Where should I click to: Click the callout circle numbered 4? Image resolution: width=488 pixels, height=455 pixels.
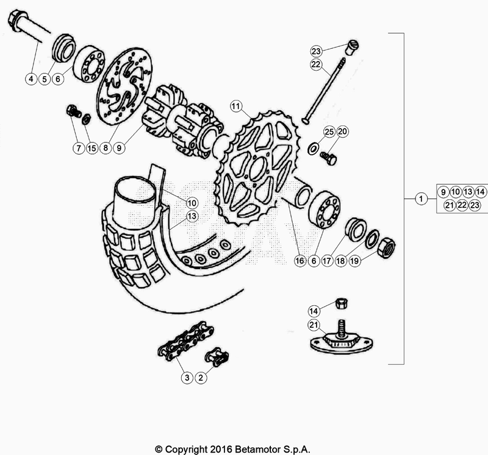click(x=30, y=78)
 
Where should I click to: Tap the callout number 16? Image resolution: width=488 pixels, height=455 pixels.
click(x=300, y=260)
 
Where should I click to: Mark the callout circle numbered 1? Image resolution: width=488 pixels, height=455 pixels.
click(x=420, y=198)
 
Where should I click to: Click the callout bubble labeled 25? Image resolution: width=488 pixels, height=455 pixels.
click(x=328, y=131)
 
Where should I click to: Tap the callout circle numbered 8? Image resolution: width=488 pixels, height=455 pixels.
click(x=106, y=147)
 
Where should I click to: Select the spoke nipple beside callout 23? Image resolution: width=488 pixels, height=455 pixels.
click(x=351, y=47)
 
